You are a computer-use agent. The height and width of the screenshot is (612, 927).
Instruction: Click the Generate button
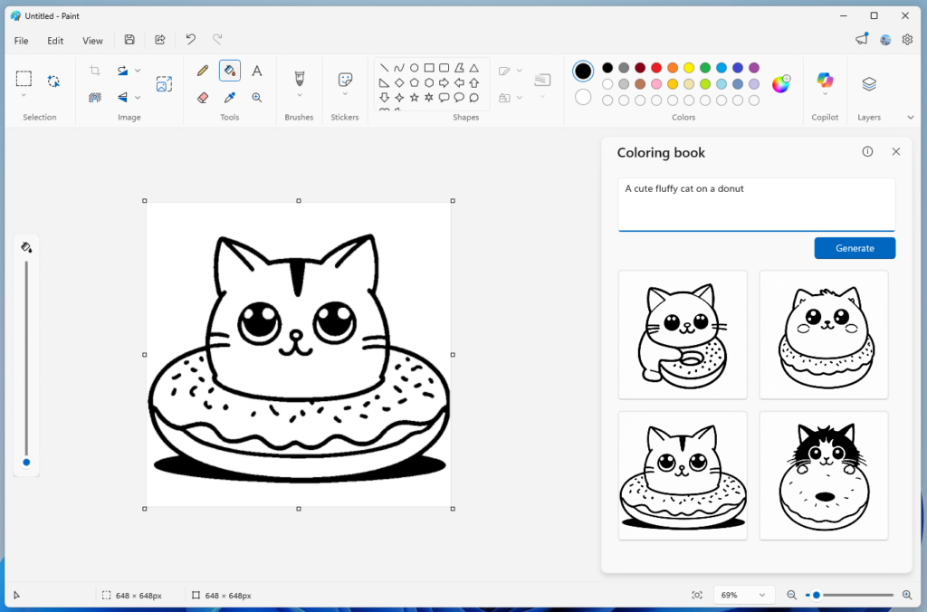pos(855,248)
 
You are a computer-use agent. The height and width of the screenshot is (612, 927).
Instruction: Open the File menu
pos(22,41)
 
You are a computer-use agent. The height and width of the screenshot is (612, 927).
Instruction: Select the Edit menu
pos(55,41)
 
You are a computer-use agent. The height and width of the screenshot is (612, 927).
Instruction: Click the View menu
pos(92,41)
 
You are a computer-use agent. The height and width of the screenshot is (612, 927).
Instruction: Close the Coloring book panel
pos(896,152)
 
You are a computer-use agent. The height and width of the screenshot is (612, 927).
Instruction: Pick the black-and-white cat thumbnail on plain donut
pos(824,475)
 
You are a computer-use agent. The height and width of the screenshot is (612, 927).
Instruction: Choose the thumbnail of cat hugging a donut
pos(683,334)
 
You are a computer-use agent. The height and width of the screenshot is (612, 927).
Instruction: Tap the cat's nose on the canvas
pos(296,336)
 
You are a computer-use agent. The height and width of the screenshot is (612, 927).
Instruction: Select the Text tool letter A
pos(257,71)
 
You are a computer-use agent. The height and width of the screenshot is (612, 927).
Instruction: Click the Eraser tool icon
pos(203,97)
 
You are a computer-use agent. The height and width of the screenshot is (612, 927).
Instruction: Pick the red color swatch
pos(656,68)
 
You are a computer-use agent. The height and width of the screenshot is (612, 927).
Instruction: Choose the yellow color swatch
pos(689,68)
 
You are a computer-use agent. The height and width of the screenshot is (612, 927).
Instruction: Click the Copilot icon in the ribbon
pos(825,82)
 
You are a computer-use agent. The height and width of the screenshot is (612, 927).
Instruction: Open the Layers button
pos(869,83)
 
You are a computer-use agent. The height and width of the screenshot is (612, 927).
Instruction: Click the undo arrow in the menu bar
pos(190,40)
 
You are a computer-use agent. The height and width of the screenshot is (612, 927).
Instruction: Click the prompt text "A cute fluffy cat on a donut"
pos(684,189)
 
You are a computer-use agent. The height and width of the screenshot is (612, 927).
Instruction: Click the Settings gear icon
pos(907,40)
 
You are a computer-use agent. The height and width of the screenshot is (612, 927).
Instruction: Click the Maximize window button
pos(874,15)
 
